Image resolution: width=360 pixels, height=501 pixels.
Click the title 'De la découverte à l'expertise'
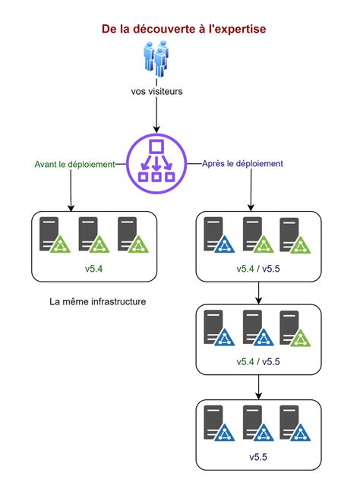[184, 29]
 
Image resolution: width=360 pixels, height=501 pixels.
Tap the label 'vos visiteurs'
[156, 93]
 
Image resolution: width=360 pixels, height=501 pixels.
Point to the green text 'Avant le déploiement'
[74, 164]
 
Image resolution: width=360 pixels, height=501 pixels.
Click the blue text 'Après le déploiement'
[243, 163]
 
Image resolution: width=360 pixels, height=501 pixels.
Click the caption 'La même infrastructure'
[97, 302]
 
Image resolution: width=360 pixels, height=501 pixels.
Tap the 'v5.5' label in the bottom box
[259, 458]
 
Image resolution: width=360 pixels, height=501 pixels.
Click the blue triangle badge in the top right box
[225, 244]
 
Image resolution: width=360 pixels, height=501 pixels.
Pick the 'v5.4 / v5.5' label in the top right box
[259, 269]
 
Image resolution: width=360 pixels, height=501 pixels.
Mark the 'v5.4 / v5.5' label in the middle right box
[259, 361]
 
